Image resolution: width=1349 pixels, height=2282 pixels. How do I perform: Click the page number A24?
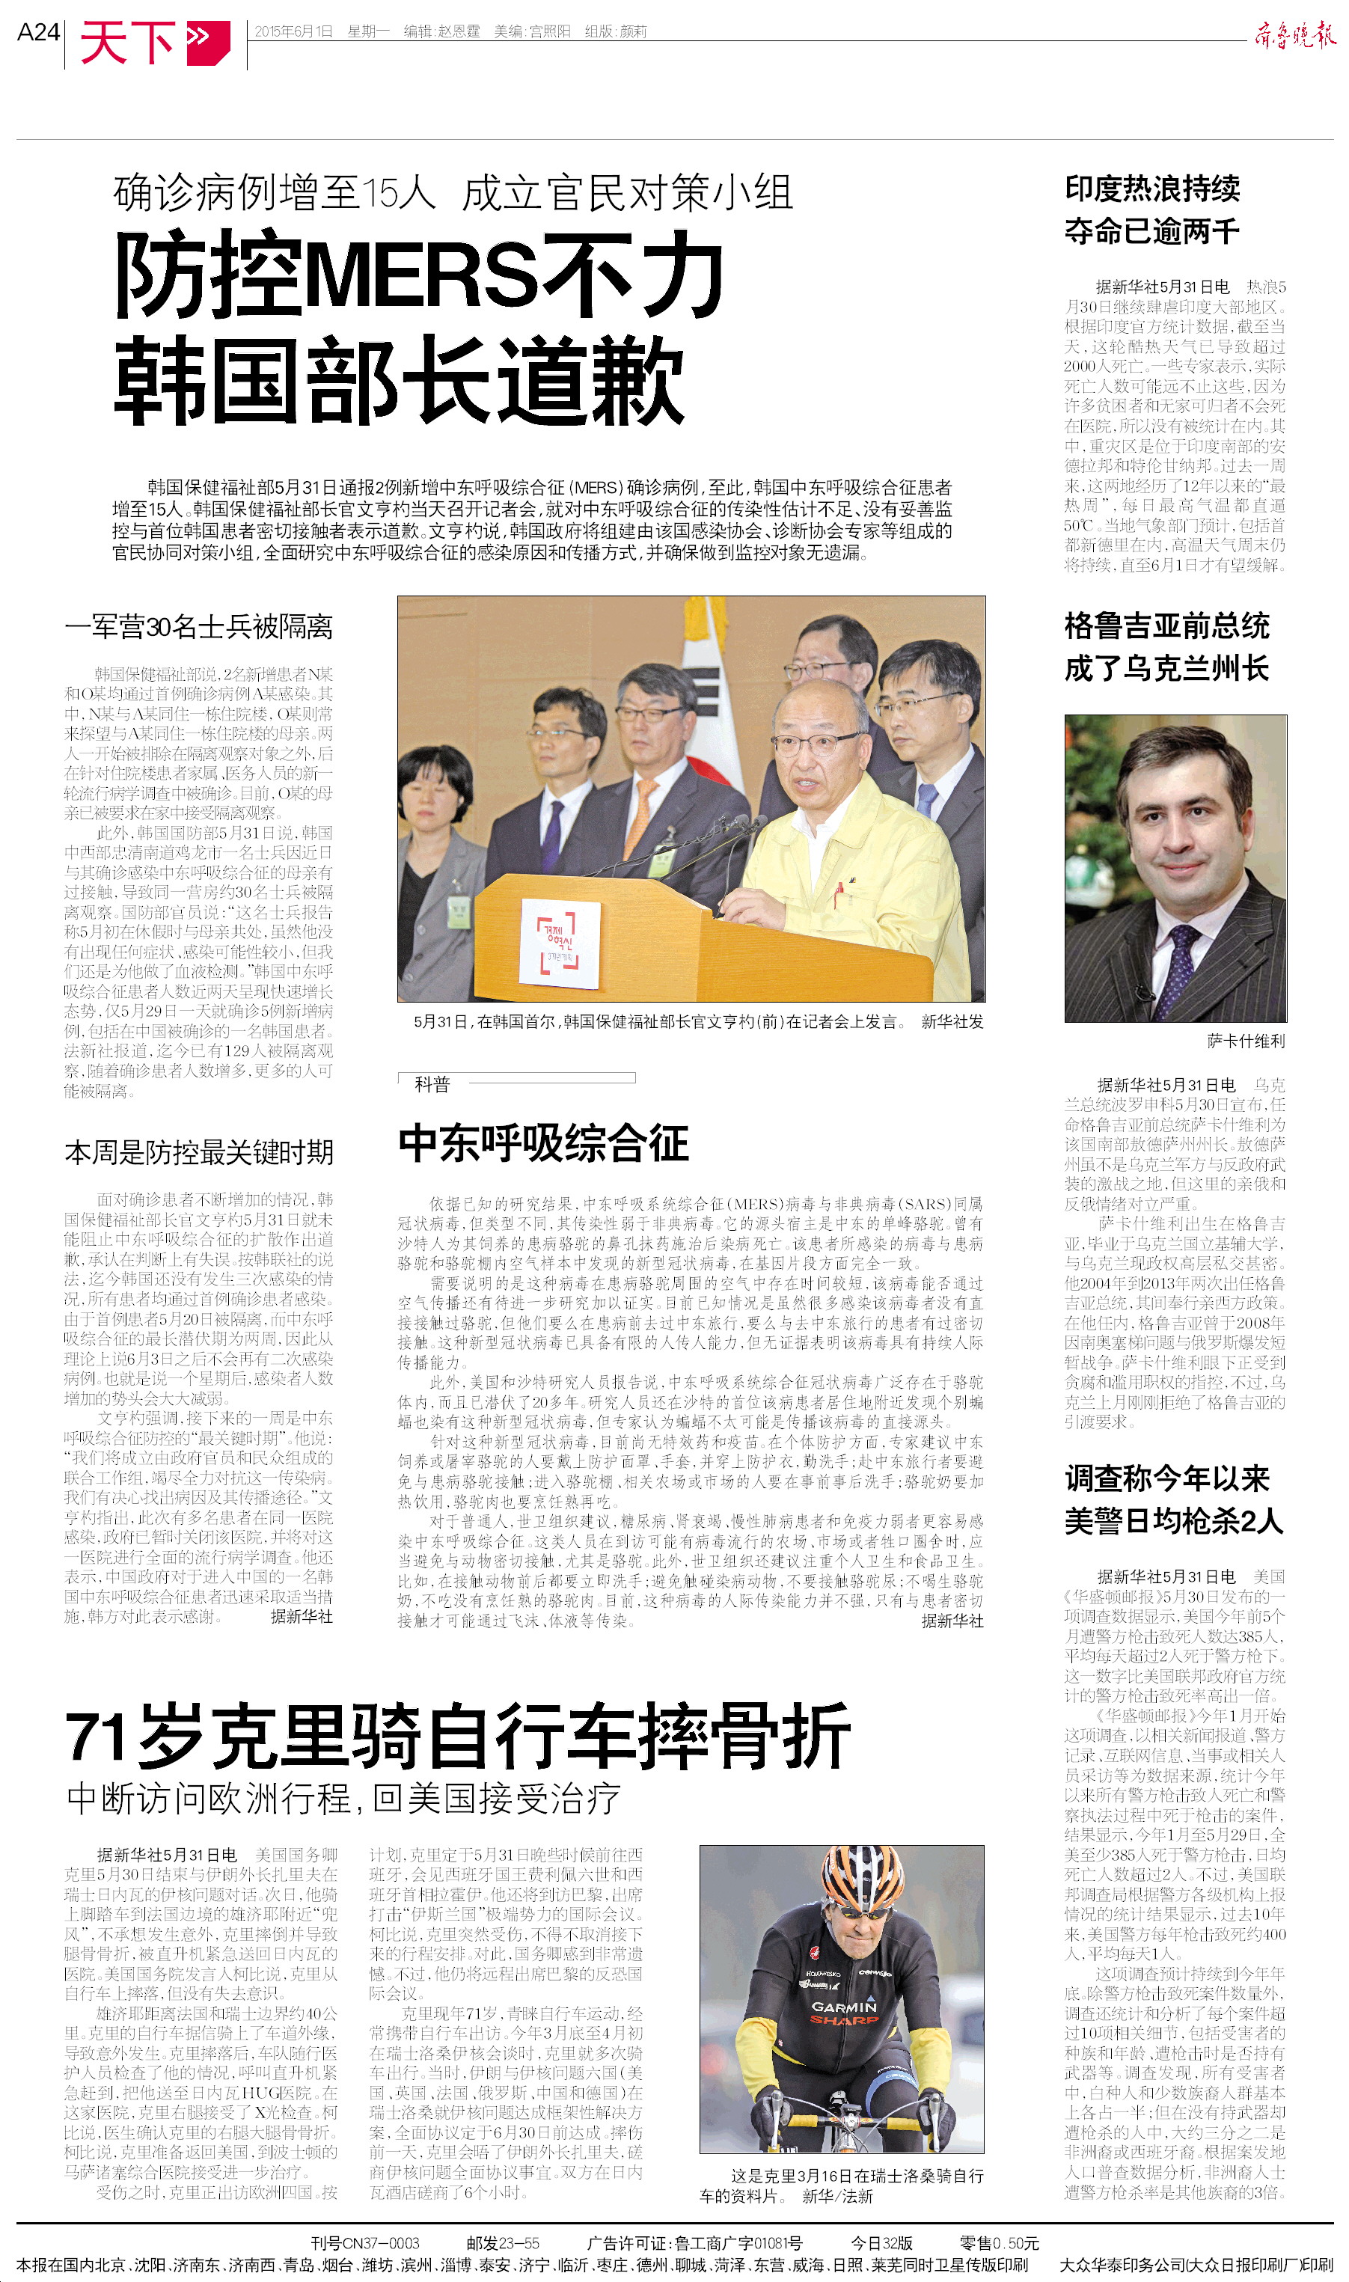pos(38,33)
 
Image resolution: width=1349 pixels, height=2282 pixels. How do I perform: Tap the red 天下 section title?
pos(127,42)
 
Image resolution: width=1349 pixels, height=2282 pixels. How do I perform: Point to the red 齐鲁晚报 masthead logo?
pos(1294,35)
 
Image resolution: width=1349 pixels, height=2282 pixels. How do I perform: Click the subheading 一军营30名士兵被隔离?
pos(198,626)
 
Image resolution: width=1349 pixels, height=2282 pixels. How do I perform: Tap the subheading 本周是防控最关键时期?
pos(198,1152)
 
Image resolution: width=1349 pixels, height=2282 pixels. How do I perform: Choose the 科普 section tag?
pos(432,1083)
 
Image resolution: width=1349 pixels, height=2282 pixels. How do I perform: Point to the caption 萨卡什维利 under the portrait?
pos(1245,1041)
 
